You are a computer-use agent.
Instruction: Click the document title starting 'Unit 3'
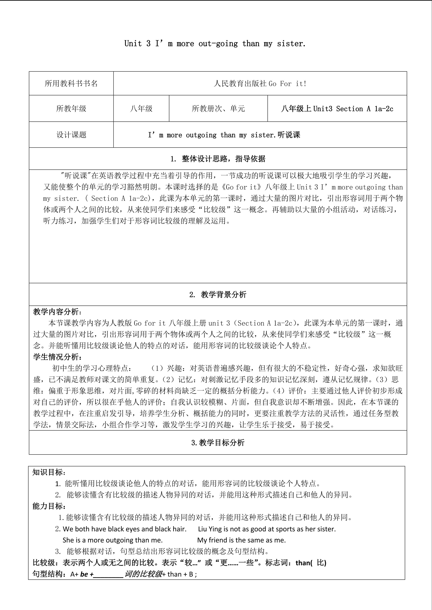tap(215, 43)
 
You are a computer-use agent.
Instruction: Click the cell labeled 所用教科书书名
tap(71, 83)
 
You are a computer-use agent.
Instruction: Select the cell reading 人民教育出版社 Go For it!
tap(260, 83)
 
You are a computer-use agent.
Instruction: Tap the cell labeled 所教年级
tap(71, 108)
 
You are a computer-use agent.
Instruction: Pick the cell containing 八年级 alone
tap(141, 108)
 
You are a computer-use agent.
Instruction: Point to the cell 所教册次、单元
tap(218, 108)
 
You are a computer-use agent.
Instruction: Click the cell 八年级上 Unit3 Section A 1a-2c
tap(337, 108)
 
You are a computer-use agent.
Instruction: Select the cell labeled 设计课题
tap(71, 135)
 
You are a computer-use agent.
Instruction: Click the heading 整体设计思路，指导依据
tap(224, 159)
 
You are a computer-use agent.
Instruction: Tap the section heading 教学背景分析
tap(224, 294)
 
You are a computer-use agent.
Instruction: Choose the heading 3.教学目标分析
tap(218, 443)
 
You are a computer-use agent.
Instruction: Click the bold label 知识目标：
tap(49, 472)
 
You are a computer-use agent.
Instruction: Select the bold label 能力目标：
tap(49, 506)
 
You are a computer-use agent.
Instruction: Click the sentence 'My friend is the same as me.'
tap(241, 540)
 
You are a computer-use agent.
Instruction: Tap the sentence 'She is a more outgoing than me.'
tap(112, 540)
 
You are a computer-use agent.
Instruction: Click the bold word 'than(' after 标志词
tap(304, 563)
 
